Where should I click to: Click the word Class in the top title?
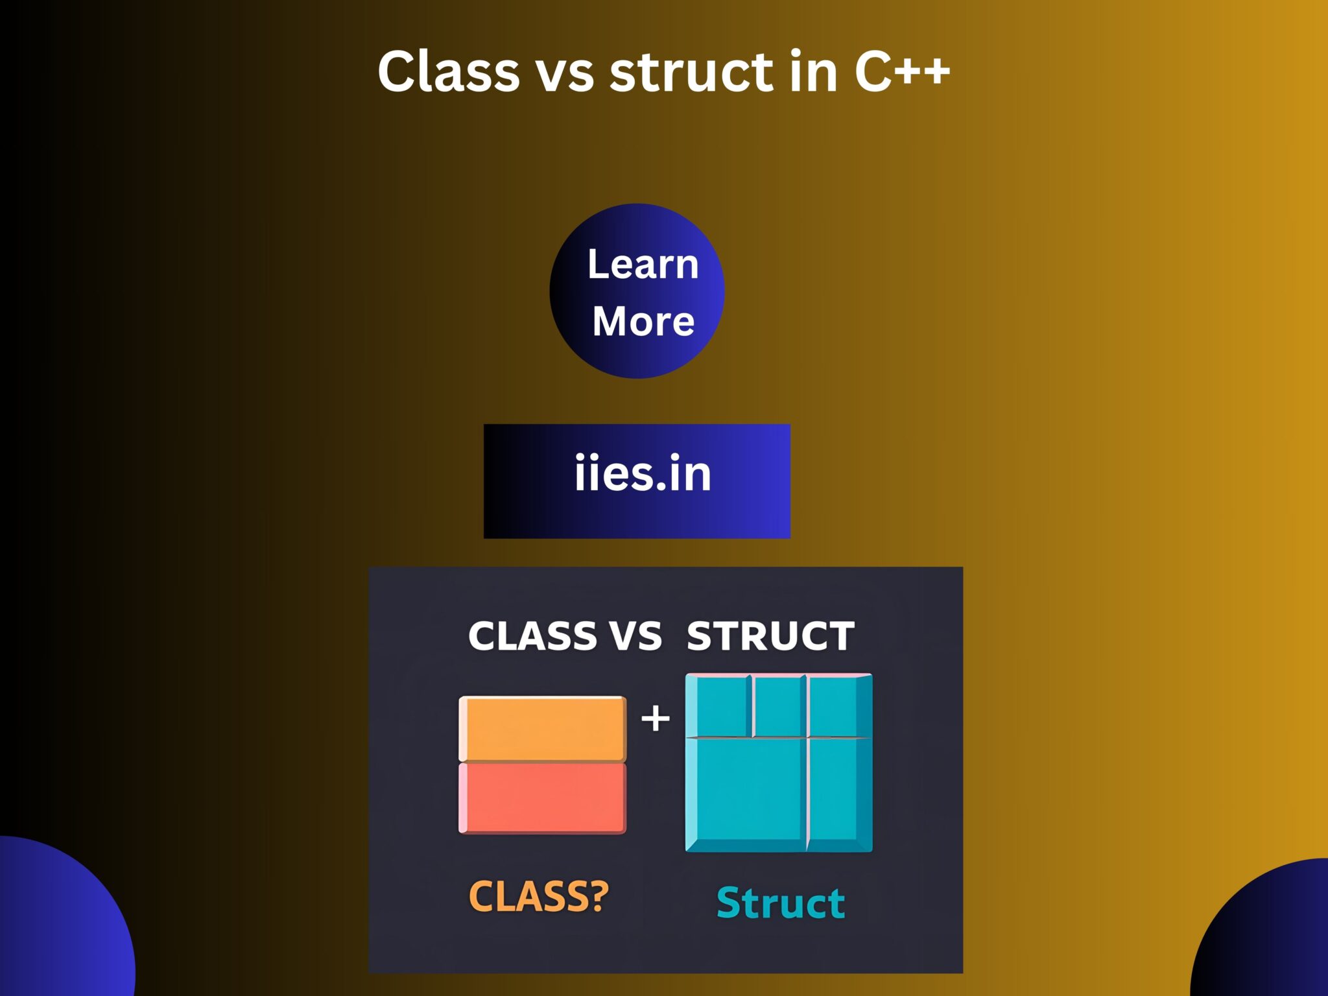[448, 71]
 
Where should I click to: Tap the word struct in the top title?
[691, 71]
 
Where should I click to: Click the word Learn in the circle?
[643, 264]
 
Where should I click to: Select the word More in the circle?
[643, 321]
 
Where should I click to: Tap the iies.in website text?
[643, 473]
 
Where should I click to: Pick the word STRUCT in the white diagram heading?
[770, 636]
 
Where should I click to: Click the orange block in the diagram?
[543, 728]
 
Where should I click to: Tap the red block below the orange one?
[543, 798]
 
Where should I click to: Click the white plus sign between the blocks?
[656, 718]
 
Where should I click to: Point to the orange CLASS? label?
[539, 896]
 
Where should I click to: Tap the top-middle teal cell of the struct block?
[779, 705]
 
